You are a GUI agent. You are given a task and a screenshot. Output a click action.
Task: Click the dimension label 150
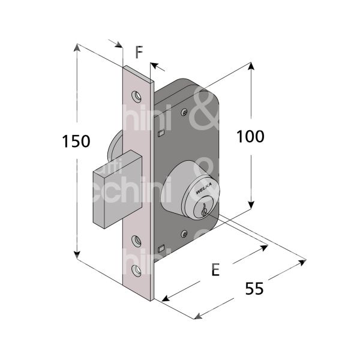point(76,142)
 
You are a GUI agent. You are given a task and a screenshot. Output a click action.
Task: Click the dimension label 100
point(250,137)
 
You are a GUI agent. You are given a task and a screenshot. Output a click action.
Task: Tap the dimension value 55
point(255,289)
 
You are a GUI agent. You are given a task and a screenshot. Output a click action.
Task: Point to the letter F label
point(139,53)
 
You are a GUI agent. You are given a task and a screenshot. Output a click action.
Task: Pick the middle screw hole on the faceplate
point(139,241)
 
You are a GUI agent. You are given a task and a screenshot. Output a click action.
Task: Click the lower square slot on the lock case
point(160,248)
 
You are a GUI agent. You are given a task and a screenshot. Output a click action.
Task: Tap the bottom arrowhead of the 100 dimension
point(251,206)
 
